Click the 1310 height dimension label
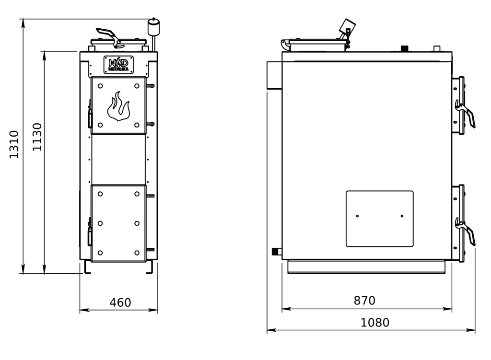(14, 144)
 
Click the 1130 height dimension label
(37, 137)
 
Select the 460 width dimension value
(120, 302)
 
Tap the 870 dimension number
(364, 301)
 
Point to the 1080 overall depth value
(375, 323)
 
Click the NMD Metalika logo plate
(119, 65)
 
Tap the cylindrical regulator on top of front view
(153, 27)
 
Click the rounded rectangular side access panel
(380, 219)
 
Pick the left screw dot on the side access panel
(358, 216)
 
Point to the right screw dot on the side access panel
(402, 216)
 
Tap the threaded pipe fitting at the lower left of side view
(277, 251)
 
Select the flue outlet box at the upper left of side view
(274, 75)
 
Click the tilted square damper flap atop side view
(347, 26)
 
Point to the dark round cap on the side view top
(405, 48)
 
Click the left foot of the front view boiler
(87, 267)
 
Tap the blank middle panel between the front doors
(119, 159)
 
